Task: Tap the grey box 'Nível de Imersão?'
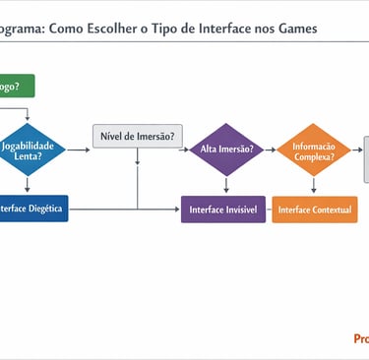click(x=139, y=136)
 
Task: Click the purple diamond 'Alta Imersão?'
click(x=226, y=150)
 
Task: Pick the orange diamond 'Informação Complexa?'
click(x=314, y=150)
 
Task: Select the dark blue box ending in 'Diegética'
click(x=32, y=209)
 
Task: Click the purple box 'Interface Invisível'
click(x=223, y=210)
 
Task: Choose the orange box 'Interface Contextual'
click(x=314, y=210)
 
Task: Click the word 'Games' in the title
click(x=295, y=30)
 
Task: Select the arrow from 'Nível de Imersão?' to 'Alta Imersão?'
click(x=182, y=149)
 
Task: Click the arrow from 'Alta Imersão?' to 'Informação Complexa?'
click(x=269, y=150)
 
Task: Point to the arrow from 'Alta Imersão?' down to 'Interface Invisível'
click(x=226, y=184)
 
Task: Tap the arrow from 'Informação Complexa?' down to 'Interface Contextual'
click(x=314, y=184)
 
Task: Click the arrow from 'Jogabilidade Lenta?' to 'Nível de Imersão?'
click(x=79, y=150)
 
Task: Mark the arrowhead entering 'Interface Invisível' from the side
click(x=177, y=209)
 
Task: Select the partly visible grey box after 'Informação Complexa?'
click(x=365, y=158)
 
